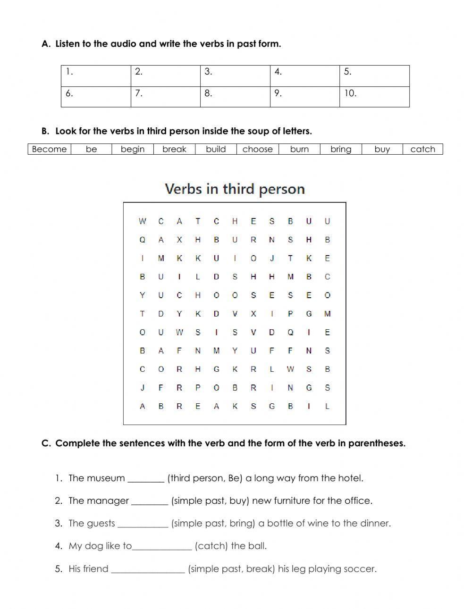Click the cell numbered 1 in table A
[96, 76]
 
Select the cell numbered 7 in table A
[165, 97]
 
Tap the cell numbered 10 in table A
[374, 97]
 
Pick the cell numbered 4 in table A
[304, 76]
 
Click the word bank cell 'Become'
[49, 149]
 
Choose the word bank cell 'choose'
[257, 149]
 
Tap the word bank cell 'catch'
[422, 149]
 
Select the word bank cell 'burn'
[299, 149]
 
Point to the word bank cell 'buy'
[382, 149]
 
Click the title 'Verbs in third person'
[235, 189]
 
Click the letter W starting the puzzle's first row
[143, 221]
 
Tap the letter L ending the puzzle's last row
[327, 406]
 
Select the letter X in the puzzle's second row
[179, 240]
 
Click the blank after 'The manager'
[150, 501]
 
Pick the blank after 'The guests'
[143, 524]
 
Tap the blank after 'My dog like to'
[162, 547]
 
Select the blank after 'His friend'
[148, 569]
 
